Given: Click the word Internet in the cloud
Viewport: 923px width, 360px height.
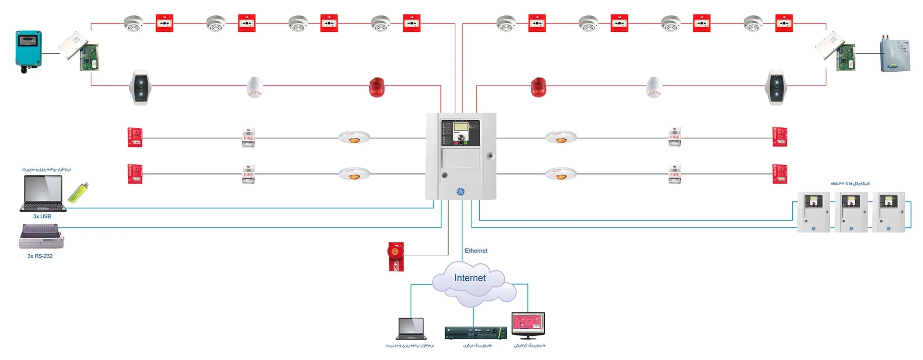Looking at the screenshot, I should [x=470, y=278].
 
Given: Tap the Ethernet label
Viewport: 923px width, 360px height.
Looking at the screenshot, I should [x=476, y=251].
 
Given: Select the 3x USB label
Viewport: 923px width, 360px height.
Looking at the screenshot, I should [x=42, y=216].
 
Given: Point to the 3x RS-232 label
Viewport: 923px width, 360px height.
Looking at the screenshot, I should [x=40, y=256].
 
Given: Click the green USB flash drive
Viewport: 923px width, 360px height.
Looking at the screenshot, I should [x=78, y=192].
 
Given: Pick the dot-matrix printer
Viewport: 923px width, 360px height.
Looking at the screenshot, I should [x=41, y=236].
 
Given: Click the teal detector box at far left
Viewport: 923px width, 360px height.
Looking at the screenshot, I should [x=28, y=50].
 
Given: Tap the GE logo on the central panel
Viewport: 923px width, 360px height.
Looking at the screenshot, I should [x=461, y=192].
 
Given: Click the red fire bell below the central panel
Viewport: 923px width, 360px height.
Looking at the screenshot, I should [x=396, y=256].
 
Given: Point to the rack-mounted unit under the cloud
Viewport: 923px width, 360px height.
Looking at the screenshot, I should [x=475, y=333].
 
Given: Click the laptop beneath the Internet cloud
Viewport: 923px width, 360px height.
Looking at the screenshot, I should [x=411, y=329].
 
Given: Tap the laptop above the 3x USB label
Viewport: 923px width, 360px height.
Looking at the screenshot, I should [x=43, y=193].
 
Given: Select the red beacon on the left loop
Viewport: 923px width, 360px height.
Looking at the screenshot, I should [x=377, y=87].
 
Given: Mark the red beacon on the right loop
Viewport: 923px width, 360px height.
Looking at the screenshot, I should [x=538, y=87].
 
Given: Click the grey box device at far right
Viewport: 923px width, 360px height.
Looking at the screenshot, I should [x=895, y=55].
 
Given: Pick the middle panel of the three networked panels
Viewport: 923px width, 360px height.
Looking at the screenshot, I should [x=851, y=212].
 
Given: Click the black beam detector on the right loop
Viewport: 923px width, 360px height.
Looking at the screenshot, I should [x=776, y=87].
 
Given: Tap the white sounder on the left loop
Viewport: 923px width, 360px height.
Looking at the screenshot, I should [x=255, y=87].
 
